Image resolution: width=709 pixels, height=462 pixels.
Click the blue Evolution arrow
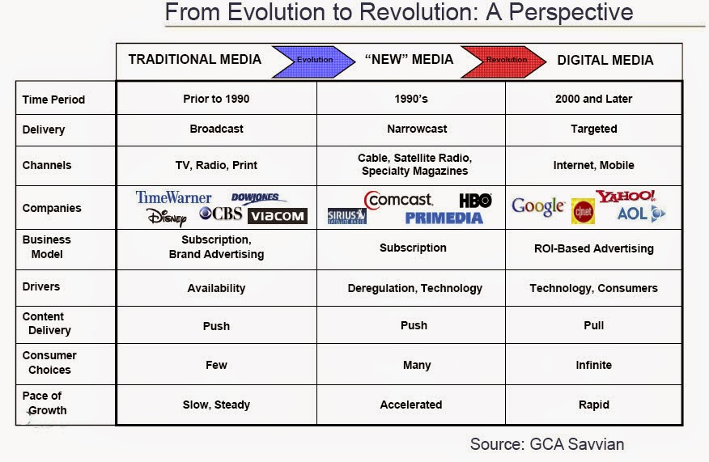click(x=313, y=60)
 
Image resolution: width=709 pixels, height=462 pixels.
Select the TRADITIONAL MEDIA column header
click(x=194, y=60)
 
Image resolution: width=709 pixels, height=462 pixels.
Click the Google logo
click(x=537, y=206)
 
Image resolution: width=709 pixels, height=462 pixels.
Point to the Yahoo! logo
click(x=626, y=197)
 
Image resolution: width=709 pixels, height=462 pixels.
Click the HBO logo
click(x=475, y=200)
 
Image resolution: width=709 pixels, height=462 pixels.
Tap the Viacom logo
click(x=277, y=216)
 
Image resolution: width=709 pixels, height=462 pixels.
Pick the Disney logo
click(x=167, y=217)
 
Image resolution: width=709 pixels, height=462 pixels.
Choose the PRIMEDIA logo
click(x=444, y=218)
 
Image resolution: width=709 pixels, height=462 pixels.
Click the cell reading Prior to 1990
click(x=216, y=99)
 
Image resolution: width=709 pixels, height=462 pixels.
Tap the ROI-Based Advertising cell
click(x=593, y=248)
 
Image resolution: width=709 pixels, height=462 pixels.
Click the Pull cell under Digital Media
click(x=593, y=325)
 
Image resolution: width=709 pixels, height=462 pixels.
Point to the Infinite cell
click(x=593, y=365)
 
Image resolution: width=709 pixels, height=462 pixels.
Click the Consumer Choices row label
click(x=49, y=362)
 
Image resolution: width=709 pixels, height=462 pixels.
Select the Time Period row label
click(x=53, y=100)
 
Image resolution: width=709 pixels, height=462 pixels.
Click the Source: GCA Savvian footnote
click(x=546, y=444)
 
